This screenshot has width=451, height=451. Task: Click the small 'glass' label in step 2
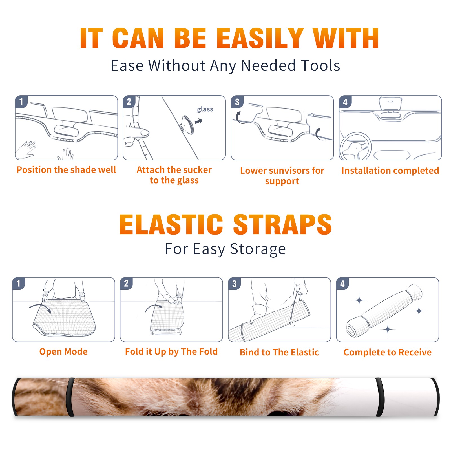(205, 109)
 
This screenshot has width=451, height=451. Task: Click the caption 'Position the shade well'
(66, 170)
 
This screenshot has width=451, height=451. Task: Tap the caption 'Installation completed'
(390, 170)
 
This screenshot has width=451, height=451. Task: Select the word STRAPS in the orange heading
(282, 224)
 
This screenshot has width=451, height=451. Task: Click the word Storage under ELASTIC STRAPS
(258, 249)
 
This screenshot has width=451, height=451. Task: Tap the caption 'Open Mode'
(63, 351)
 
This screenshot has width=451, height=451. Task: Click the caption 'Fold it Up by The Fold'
(171, 351)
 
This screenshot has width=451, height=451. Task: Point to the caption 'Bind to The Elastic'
(279, 352)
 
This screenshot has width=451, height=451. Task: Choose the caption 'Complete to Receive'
(388, 352)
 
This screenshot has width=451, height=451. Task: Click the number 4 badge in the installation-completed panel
(345, 102)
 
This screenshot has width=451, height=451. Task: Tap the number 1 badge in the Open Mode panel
(19, 283)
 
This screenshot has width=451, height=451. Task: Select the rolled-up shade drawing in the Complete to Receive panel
(384, 311)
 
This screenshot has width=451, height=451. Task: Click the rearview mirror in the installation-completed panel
(390, 103)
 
